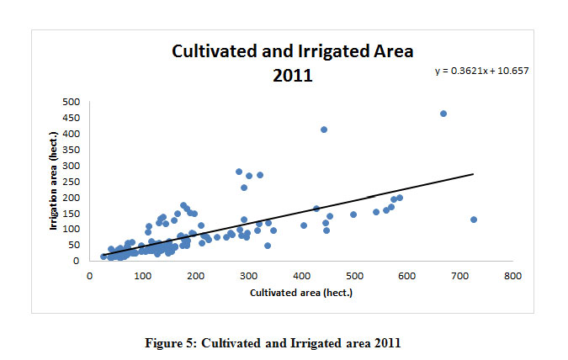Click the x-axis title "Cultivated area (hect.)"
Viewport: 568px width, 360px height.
[300, 293]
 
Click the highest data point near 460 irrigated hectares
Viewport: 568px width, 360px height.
[443, 114]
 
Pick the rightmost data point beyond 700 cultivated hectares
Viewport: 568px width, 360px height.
[474, 220]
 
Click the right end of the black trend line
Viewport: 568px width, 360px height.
[474, 174]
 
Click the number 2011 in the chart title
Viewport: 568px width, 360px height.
[292, 75]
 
